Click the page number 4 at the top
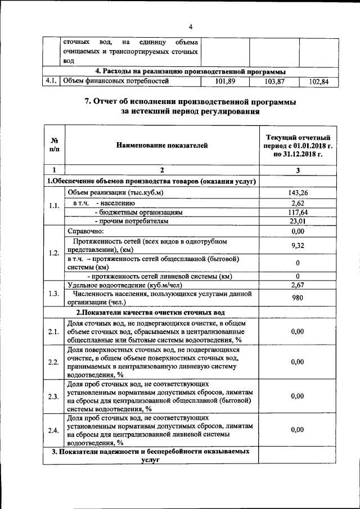pos(191,27)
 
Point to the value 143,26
pos(298,193)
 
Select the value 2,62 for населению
pos(298,202)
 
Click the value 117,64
pos(298,212)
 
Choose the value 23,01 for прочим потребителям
pos(298,222)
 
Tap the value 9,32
pos(298,245)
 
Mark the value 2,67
pos(298,285)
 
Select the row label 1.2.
pos(54,253)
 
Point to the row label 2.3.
pos(54,397)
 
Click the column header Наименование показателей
pos(162,146)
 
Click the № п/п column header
pos(55,146)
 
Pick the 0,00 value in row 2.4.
pos(298,430)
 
